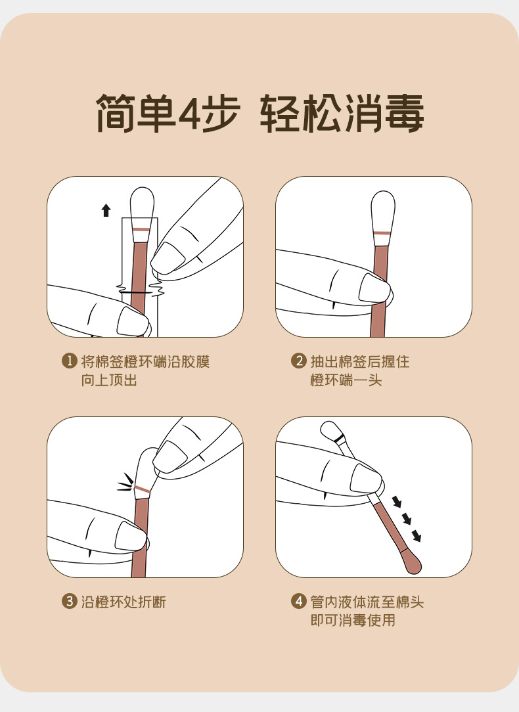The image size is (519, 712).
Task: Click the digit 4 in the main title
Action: click(x=191, y=113)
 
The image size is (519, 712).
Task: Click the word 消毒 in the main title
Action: click(x=384, y=113)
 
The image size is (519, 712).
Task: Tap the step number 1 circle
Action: click(x=69, y=361)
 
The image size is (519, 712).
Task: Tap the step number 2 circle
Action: click(x=299, y=361)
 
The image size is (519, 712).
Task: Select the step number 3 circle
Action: click(x=69, y=601)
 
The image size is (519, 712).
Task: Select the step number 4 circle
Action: click(x=299, y=601)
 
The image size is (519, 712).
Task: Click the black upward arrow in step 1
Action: click(x=106, y=210)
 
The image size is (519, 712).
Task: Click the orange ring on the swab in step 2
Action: click(x=382, y=233)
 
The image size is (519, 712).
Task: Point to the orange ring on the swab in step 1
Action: click(x=141, y=229)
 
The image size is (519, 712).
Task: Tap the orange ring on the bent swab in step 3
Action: click(x=142, y=489)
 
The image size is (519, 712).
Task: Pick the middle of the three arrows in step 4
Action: click(x=407, y=520)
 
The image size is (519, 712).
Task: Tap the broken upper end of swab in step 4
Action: click(x=332, y=432)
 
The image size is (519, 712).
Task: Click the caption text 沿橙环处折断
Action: click(x=124, y=602)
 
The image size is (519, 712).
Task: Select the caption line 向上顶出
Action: click(x=109, y=380)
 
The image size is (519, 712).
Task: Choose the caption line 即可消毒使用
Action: click(x=353, y=620)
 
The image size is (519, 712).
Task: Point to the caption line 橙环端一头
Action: click(x=346, y=380)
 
